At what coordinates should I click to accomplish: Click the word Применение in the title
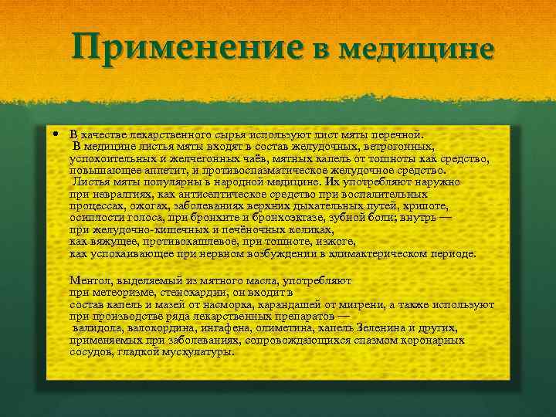click(x=188, y=49)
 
